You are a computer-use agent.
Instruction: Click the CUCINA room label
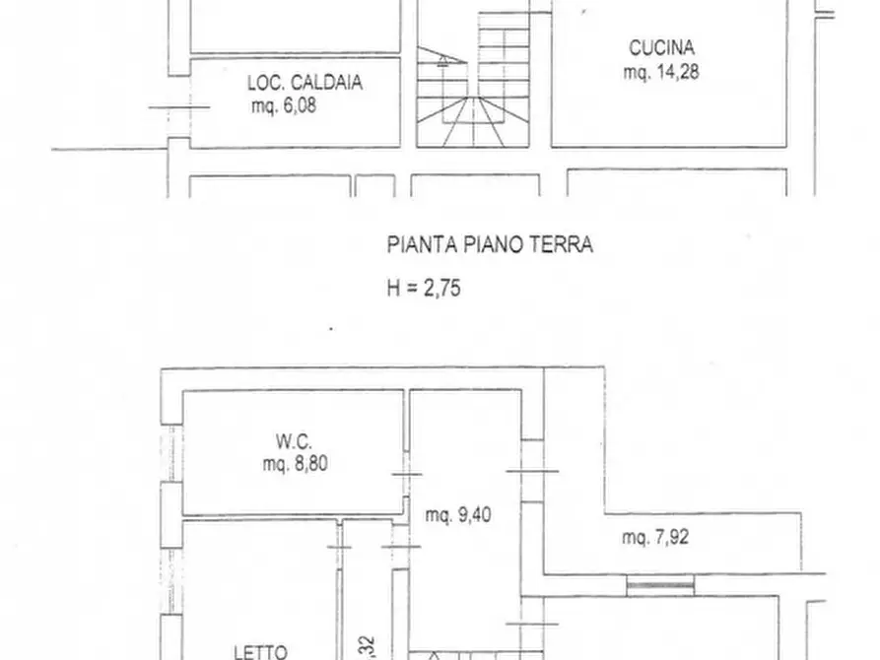(x=661, y=46)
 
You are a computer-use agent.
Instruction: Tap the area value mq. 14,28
(x=661, y=71)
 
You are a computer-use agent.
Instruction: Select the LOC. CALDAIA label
(x=305, y=84)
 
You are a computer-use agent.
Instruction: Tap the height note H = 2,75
(x=423, y=289)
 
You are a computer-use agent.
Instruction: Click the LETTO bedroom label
(x=260, y=651)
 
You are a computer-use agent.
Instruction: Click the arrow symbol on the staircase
(x=441, y=58)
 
